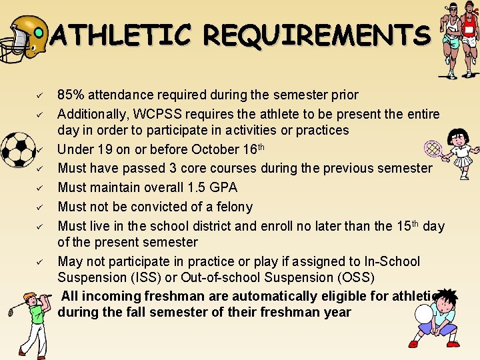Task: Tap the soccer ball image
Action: (18, 149)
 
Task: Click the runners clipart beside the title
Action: (460, 40)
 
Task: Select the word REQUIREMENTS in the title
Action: (317, 35)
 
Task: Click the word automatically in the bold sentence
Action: (249, 296)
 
